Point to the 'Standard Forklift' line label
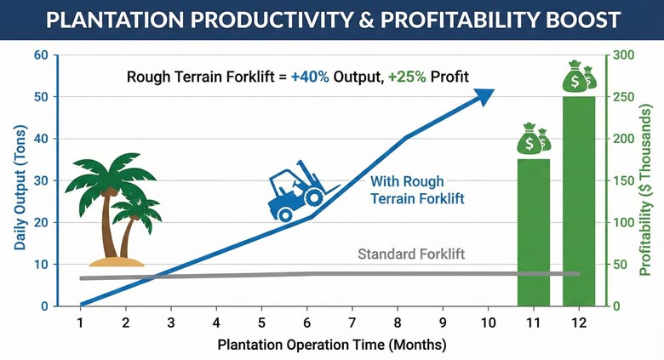[411, 254]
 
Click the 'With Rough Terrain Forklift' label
[408, 191]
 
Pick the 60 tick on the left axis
[40, 55]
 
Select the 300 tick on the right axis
[624, 55]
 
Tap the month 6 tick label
[306, 323]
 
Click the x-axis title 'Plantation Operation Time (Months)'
[331, 346]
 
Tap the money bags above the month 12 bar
[579, 77]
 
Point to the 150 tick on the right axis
[624, 180]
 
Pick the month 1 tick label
[80, 323]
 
